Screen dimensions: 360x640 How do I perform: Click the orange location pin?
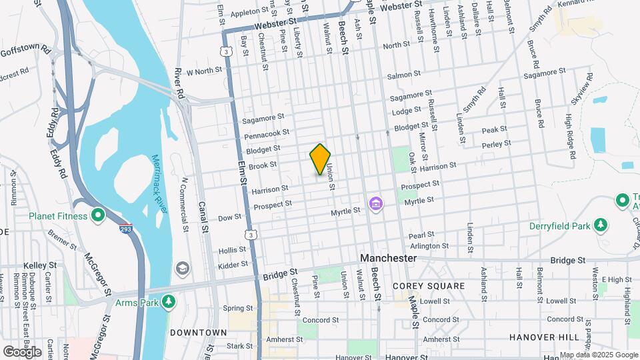pyautogui.click(x=320, y=159)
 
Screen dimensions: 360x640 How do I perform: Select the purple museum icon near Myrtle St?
pyautogui.click(x=376, y=202)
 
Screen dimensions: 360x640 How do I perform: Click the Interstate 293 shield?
pyautogui.click(x=125, y=229)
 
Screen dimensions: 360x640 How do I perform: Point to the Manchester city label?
pyautogui.click(x=388, y=258)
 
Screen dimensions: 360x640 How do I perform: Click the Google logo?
pyautogui.click(x=23, y=351)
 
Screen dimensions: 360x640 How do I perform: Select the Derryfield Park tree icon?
pyautogui.click(x=601, y=225)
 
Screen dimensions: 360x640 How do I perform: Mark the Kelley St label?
pyautogui.click(x=40, y=265)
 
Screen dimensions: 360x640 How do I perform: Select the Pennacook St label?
pyautogui.click(x=267, y=135)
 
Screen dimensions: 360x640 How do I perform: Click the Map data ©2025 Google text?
pyautogui.click(x=599, y=355)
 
